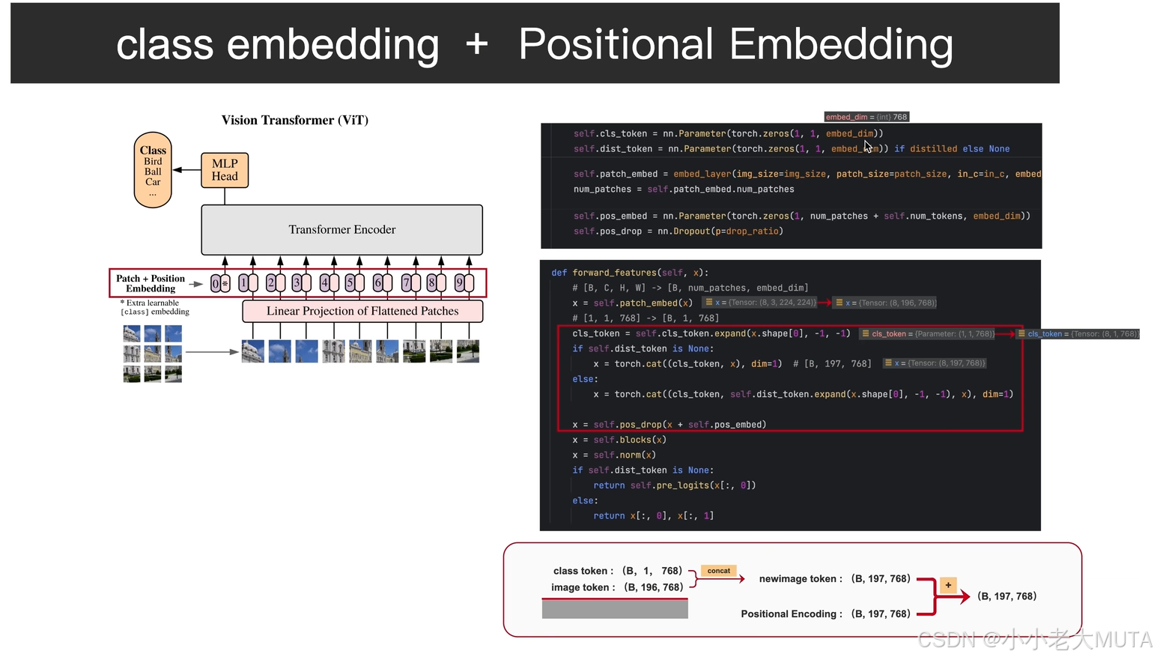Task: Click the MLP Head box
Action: click(x=225, y=170)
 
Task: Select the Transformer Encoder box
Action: click(x=341, y=229)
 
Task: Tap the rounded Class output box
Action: click(x=153, y=170)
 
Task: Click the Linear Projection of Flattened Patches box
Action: click(x=362, y=311)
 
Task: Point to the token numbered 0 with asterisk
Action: click(x=220, y=283)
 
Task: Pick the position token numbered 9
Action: click(x=464, y=283)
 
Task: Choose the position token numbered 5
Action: click(x=354, y=283)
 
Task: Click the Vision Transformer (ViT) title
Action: click(x=295, y=120)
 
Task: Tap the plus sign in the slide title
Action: click(x=477, y=44)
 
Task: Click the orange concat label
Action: click(x=719, y=571)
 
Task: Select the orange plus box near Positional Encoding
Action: click(x=948, y=585)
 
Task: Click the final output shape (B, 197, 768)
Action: click(x=1007, y=596)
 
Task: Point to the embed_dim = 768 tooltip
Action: click(x=866, y=117)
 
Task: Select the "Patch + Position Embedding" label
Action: click(x=151, y=283)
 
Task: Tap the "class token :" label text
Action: click(x=583, y=571)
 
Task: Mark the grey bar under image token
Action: click(x=615, y=609)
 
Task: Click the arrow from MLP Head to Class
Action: click(x=186, y=170)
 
